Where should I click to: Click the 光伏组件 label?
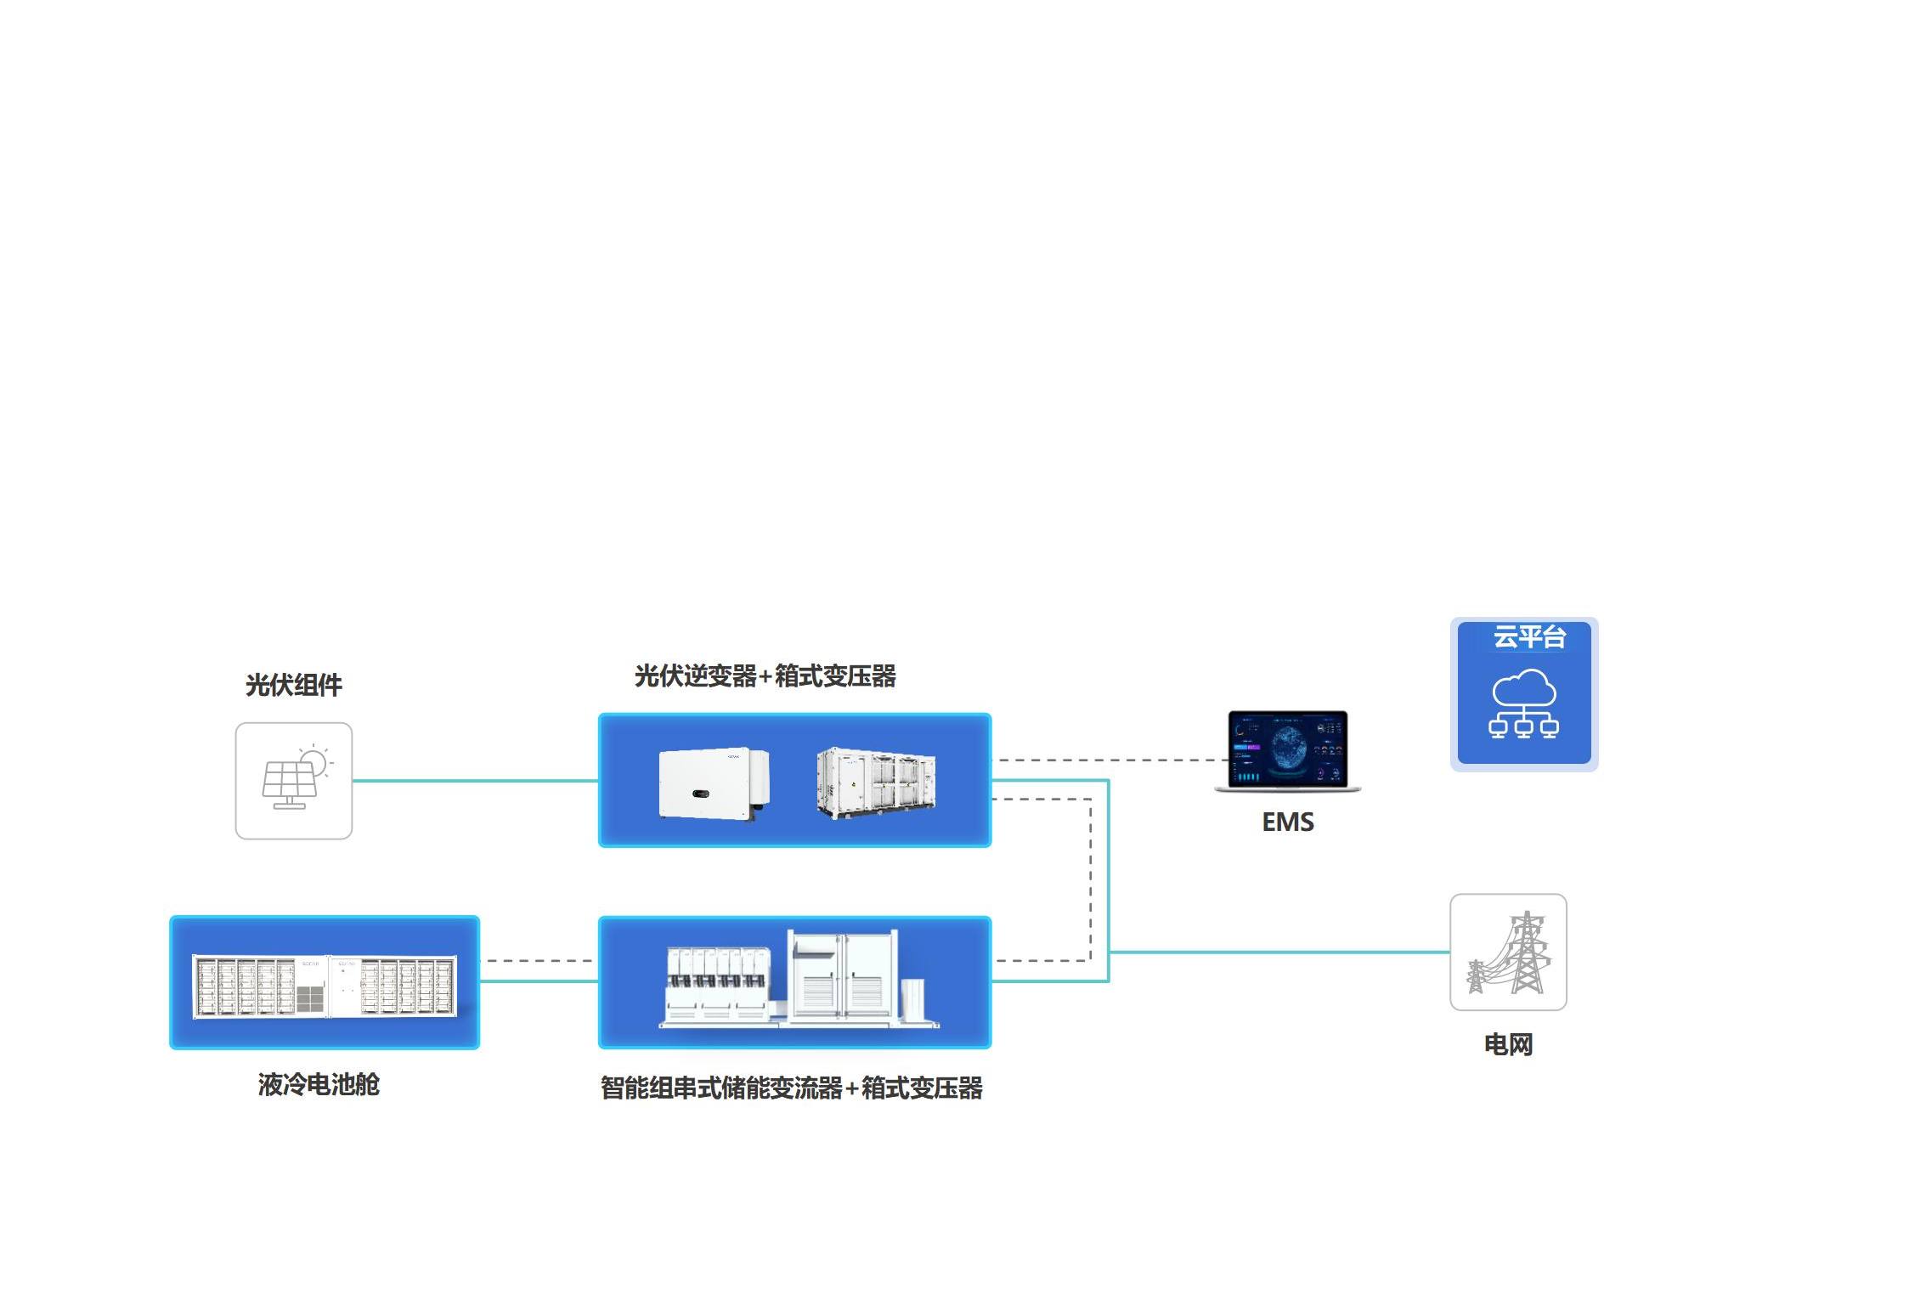[x=293, y=685]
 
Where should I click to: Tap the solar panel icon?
[x=294, y=781]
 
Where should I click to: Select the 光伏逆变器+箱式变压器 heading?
[x=765, y=676]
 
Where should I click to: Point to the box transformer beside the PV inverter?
[x=876, y=783]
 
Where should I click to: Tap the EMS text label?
[x=1287, y=822]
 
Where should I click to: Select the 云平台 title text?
[x=1528, y=637]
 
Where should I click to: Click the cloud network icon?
[x=1523, y=704]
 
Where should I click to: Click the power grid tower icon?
[x=1508, y=952]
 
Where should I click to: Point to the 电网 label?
[x=1508, y=1044]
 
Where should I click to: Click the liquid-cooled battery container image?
[x=325, y=985]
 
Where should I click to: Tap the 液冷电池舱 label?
[x=319, y=1084]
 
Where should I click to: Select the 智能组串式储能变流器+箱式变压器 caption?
[x=791, y=1088]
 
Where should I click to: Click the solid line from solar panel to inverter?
[x=475, y=780]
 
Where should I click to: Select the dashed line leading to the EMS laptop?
[x=1113, y=760]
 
